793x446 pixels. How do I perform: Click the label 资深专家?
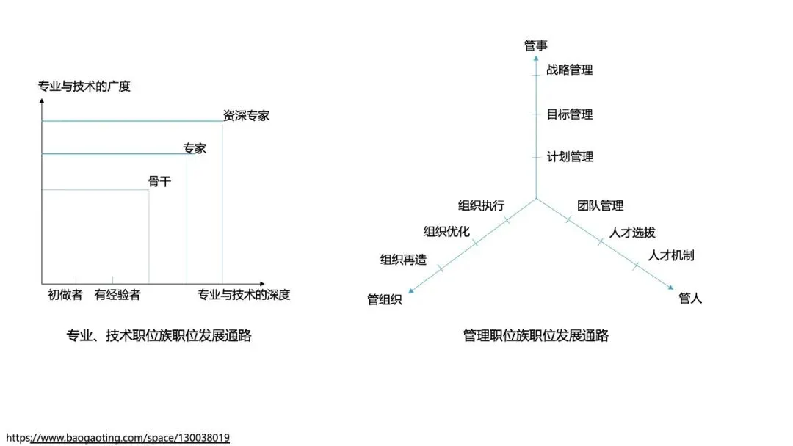(246, 115)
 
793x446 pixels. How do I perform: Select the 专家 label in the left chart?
(195, 148)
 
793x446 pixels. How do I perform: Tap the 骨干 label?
(159, 181)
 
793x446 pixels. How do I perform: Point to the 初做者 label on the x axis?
(65, 295)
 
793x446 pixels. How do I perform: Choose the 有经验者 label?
(117, 295)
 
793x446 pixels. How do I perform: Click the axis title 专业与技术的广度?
(84, 87)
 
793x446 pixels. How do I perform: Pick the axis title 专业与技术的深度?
(244, 295)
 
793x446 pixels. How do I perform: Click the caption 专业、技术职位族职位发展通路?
(159, 335)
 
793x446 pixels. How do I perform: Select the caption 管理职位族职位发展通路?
(536, 335)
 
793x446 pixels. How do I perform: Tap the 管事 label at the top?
(536, 45)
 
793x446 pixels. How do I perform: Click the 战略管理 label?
(570, 70)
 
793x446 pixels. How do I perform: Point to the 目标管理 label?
(570, 114)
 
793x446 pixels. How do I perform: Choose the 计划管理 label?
(570, 157)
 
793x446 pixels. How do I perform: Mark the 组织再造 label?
(403, 259)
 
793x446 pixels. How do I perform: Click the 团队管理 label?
(600, 205)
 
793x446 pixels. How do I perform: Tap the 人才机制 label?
(671, 255)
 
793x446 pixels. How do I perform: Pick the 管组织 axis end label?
(385, 299)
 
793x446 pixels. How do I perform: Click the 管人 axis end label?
(690, 299)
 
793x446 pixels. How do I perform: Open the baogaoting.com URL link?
(117, 438)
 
